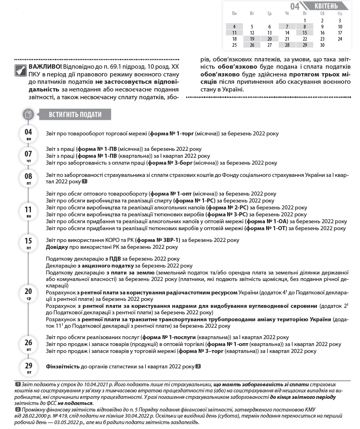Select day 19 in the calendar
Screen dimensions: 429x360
(252, 39)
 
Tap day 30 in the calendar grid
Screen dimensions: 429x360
(322, 45)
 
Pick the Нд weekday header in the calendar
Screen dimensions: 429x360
(340, 14)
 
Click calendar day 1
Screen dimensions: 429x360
(305, 20)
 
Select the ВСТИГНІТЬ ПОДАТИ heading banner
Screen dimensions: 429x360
(75, 115)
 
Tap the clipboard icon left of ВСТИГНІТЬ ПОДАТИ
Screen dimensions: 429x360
(28, 114)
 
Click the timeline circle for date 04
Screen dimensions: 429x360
(28, 134)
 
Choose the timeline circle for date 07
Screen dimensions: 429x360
(28, 156)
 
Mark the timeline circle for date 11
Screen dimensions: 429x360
(28, 211)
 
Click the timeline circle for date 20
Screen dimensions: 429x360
(28, 293)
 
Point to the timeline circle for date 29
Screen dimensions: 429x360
(28, 367)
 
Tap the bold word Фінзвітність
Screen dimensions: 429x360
(63, 367)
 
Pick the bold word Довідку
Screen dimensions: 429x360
(57, 247)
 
